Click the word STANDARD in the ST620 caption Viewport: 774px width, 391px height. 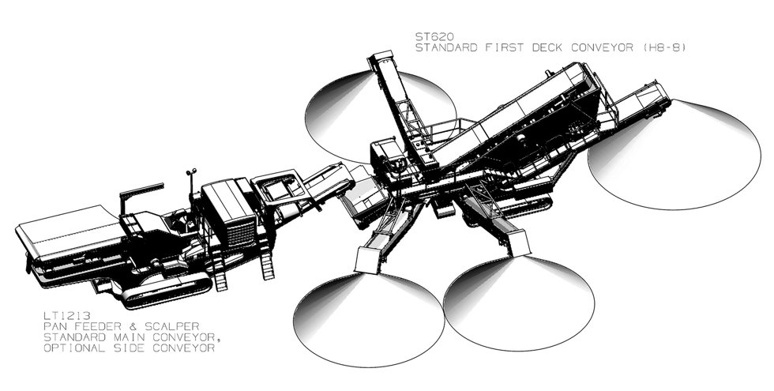446,48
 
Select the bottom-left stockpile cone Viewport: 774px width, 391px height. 369,319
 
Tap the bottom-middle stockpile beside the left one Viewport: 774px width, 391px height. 519,303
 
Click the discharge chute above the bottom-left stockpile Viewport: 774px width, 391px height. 368,260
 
